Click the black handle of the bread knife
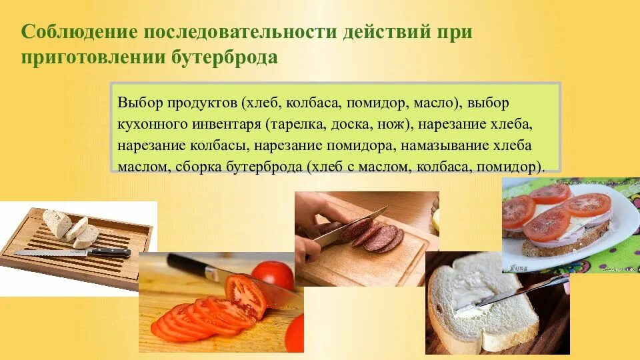click(x=110, y=253)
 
